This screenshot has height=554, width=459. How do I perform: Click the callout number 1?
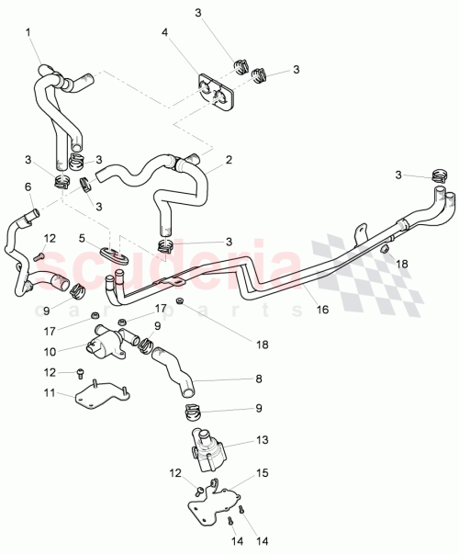coord(28,33)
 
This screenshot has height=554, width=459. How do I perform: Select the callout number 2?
coord(229,159)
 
